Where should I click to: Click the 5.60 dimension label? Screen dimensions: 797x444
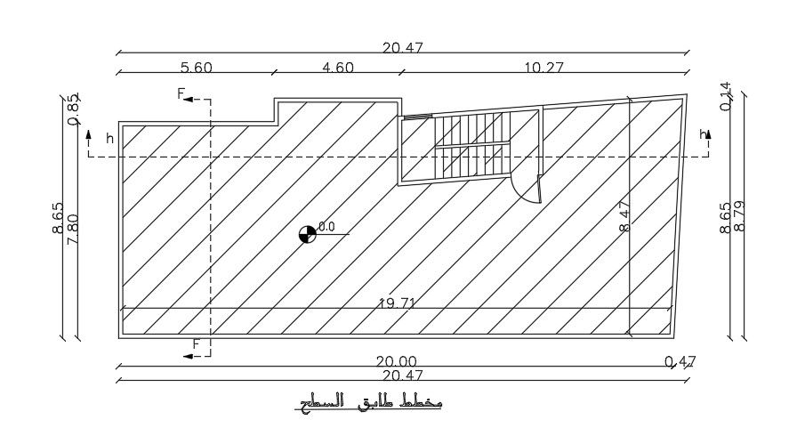pos(197,68)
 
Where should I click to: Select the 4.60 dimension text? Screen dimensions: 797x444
pos(336,68)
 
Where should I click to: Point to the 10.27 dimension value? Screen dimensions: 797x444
pos(544,68)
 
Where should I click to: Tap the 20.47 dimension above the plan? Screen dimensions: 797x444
pos(402,48)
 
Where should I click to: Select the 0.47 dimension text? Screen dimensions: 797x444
pos(680,361)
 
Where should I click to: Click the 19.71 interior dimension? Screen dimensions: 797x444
pos(398,303)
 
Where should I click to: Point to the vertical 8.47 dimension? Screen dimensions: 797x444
pos(624,216)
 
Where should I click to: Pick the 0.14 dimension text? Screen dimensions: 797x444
pos(725,96)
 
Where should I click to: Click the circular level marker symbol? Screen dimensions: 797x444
pos(307,233)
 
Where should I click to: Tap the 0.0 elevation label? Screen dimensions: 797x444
pos(326,227)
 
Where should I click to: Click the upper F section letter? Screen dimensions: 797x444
pos(181,93)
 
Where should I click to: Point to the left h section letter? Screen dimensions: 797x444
pos(109,138)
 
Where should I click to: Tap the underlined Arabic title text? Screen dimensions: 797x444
pos(368,404)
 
